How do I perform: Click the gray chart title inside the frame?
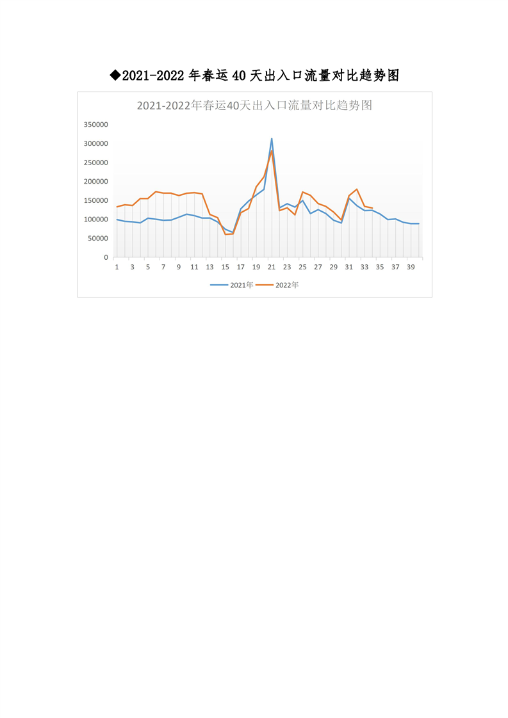pyautogui.click(x=254, y=106)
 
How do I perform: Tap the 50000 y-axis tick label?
pyautogui.click(x=97, y=239)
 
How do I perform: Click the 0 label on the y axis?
pyautogui.click(x=106, y=257)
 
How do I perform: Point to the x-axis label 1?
pyautogui.click(x=117, y=267)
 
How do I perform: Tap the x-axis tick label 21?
pyautogui.click(x=272, y=267)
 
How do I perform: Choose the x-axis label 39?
pyautogui.click(x=411, y=267)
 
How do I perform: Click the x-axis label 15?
pyautogui.click(x=225, y=267)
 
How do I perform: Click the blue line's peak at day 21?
pyautogui.click(x=272, y=138)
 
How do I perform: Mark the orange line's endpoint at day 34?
pyautogui.click(x=372, y=208)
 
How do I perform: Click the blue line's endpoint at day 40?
pyautogui.click(x=419, y=223)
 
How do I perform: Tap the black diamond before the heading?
pyautogui.click(x=115, y=76)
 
